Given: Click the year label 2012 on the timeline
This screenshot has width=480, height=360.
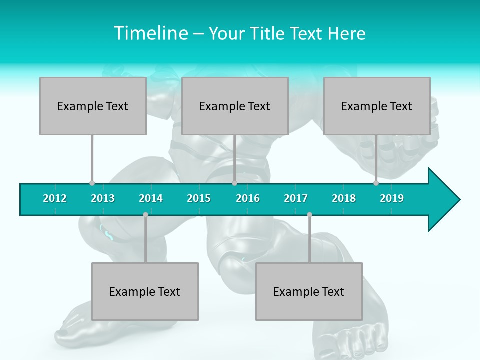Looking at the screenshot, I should click(55, 198).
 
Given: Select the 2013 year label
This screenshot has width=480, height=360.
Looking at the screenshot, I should click(103, 198).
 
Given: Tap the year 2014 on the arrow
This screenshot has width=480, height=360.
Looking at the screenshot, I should click(151, 198).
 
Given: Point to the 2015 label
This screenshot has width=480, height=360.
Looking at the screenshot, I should click(199, 198).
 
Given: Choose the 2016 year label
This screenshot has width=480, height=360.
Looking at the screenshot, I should click(248, 198).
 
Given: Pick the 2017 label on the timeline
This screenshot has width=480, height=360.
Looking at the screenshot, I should click(296, 198).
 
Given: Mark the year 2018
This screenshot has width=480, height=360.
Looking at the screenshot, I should click(344, 198).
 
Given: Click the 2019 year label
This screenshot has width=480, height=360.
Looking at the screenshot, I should click(392, 198).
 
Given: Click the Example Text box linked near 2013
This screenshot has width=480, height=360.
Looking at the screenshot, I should click(93, 106).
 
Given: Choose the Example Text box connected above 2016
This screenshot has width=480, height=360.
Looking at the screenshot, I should click(235, 106).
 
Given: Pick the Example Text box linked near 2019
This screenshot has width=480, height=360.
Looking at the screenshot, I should click(377, 106).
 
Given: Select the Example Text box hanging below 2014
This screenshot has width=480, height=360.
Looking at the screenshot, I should click(145, 291).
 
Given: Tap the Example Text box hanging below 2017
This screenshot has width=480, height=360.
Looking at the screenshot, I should click(309, 291).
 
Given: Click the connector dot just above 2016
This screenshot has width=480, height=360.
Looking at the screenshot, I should click(234, 183).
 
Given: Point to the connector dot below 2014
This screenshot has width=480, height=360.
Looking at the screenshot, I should click(145, 214).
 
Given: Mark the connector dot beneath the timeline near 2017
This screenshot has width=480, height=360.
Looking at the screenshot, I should click(309, 214).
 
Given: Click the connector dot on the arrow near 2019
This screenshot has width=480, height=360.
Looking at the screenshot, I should click(376, 183).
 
